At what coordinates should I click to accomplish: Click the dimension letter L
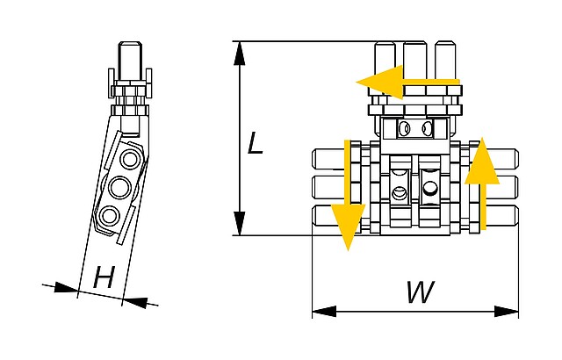coord(255,141)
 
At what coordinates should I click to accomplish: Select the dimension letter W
coord(420,292)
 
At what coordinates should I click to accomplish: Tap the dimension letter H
coord(104,279)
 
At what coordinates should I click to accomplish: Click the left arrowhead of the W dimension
coord(324,312)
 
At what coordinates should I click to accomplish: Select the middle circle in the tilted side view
coord(120,187)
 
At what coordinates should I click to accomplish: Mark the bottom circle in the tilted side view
coord(110,216)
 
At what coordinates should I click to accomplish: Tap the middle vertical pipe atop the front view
coord(416,60)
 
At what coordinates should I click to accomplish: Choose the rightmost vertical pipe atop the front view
coord(446,60)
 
